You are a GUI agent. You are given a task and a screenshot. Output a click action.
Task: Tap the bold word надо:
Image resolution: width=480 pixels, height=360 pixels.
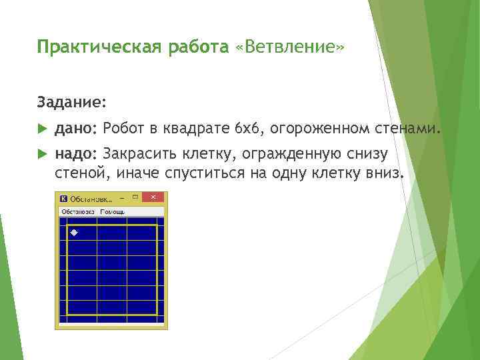(76, 155)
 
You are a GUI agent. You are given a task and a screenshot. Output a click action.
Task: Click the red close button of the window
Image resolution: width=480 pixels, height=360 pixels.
(153, 198)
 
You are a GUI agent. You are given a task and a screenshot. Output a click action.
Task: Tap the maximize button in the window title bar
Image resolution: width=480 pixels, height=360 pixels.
(135, 198)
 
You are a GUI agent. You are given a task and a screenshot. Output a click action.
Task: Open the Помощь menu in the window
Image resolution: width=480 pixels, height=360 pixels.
(112, 211)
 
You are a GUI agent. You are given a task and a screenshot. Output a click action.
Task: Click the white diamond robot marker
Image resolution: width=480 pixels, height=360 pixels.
(74, 232)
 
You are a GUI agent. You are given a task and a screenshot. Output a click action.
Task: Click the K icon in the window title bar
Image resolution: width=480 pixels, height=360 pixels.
(63, 199)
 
